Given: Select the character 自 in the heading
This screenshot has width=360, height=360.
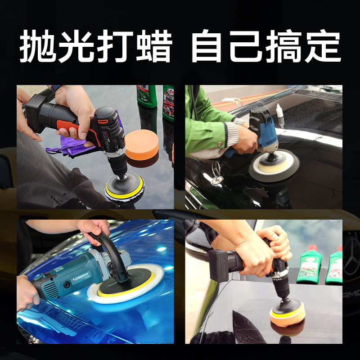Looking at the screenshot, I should point(208,47).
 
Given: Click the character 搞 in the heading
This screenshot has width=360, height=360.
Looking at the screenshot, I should point(284,47).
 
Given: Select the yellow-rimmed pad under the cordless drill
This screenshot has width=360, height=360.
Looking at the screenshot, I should point(125,185).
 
